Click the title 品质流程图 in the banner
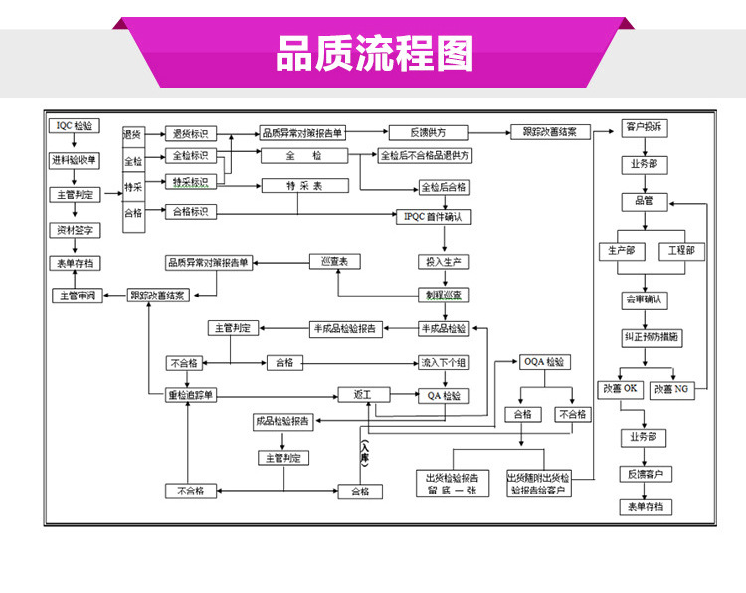coord(374,55)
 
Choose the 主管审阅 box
coord(77,296)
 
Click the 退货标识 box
coord(190,133)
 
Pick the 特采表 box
coord(304,185)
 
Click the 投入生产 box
coord(444,262)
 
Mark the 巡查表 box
coord(335,261)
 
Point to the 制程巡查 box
coord(444,295)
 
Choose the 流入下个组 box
coord(444,362)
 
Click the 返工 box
coord(361,395)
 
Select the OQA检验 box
coord(544,362)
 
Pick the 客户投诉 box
coord(645,127)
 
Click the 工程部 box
coord(682,250)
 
